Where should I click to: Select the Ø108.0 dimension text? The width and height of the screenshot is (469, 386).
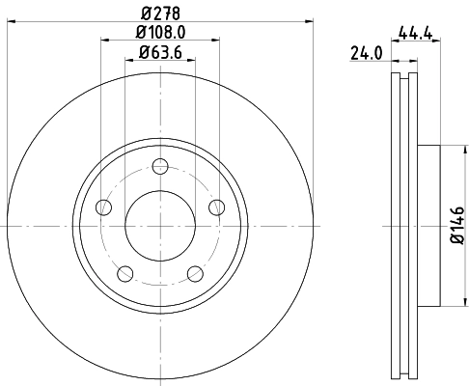tap(159, 32)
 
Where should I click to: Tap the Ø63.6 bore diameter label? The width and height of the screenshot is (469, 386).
tap(159, 53)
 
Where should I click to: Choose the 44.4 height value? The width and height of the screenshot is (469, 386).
tap(414, 33)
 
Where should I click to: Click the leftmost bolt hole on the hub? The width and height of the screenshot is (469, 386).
tap(101, 206)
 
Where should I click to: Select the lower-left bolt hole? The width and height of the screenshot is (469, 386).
tap(124, 273)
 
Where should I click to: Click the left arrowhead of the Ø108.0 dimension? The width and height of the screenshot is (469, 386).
tap(103, 40)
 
